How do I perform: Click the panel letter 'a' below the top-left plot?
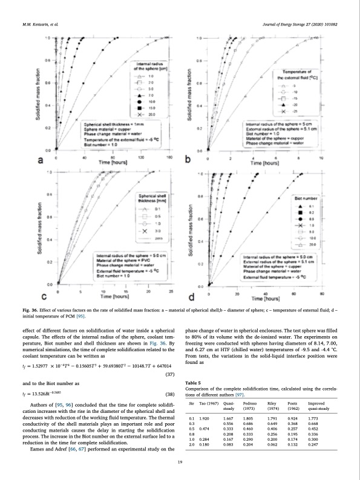click(x=41, y=160)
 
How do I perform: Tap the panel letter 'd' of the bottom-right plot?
click(x=192, y=296)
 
